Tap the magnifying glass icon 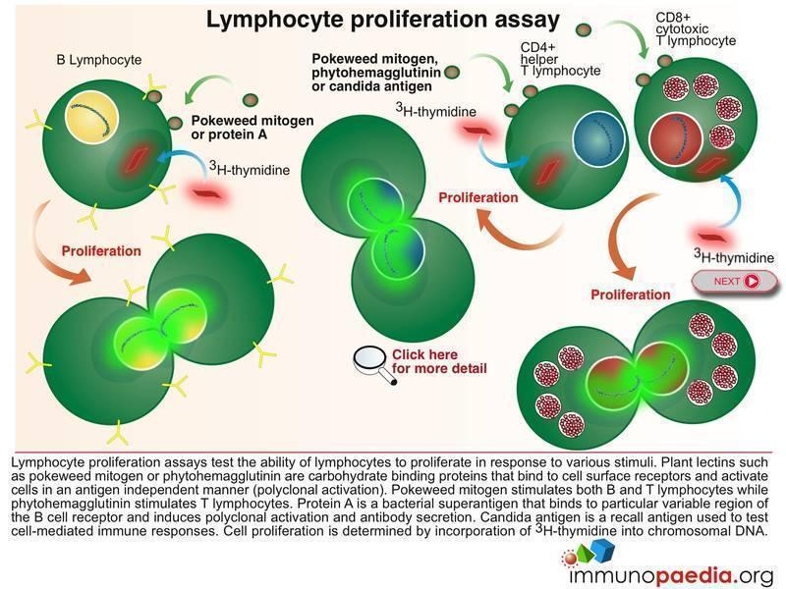tap(369, 359)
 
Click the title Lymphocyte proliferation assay tap(382, 19)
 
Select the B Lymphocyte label tap(98, 61)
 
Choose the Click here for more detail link tap(439, 361)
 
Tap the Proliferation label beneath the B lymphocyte tap(101, 250)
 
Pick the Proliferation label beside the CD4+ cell tap(478, 197)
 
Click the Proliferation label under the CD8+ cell tap(630, 294)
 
